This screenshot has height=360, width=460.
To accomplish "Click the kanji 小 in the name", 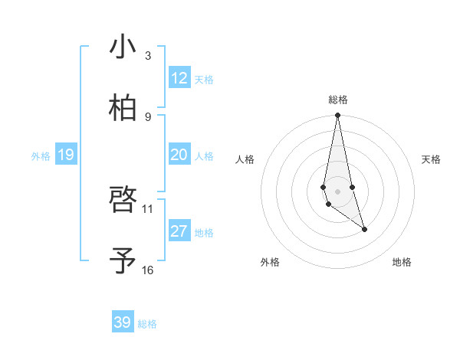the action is coord(123,47).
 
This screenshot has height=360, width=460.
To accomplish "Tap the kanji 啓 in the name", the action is coord(123,201).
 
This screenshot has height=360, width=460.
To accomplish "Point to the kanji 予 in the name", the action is coord(123,260).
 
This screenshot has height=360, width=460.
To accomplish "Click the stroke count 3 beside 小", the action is coord(148,56).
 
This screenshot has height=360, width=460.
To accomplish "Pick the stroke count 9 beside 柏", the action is coord(148,116).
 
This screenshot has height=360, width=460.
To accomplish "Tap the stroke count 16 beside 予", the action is coord(148,270).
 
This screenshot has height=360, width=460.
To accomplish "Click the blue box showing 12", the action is coord(179,78).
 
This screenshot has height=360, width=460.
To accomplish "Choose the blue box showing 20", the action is coord(179,155).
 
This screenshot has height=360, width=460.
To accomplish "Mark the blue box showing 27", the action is coord(179,231).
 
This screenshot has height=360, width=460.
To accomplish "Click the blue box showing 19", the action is coord(65,155).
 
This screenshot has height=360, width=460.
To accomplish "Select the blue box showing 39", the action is coord(123,322).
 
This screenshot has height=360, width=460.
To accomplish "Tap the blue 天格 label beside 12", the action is coord(204,80).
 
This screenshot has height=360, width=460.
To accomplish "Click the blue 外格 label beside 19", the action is coord(41,156).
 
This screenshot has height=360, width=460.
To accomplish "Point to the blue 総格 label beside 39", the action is coord(147,324).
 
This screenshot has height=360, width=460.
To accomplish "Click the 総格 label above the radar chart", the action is coord(337,100).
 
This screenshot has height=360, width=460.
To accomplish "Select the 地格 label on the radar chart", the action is coord(402,262).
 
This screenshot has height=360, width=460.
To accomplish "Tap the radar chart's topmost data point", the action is coord(337,116).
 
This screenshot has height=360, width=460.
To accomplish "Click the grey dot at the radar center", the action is coord(337,191).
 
